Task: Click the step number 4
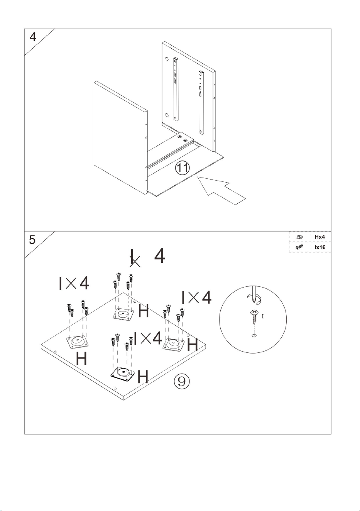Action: pos(33,37)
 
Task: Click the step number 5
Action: pos(32,240)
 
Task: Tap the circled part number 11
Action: pos(182,168)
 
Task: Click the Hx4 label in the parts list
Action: pos(319,237)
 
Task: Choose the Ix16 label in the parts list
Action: pos(320,247)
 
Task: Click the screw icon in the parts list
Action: pos(299,247)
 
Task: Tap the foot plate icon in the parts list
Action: pos(299,237)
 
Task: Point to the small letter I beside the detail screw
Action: pos(263,316)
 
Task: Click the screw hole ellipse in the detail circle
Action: pos(254,335)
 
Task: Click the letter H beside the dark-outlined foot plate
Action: pos(143,376)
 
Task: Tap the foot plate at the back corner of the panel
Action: pos(123,314)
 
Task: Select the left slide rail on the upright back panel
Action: pos(176,89)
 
